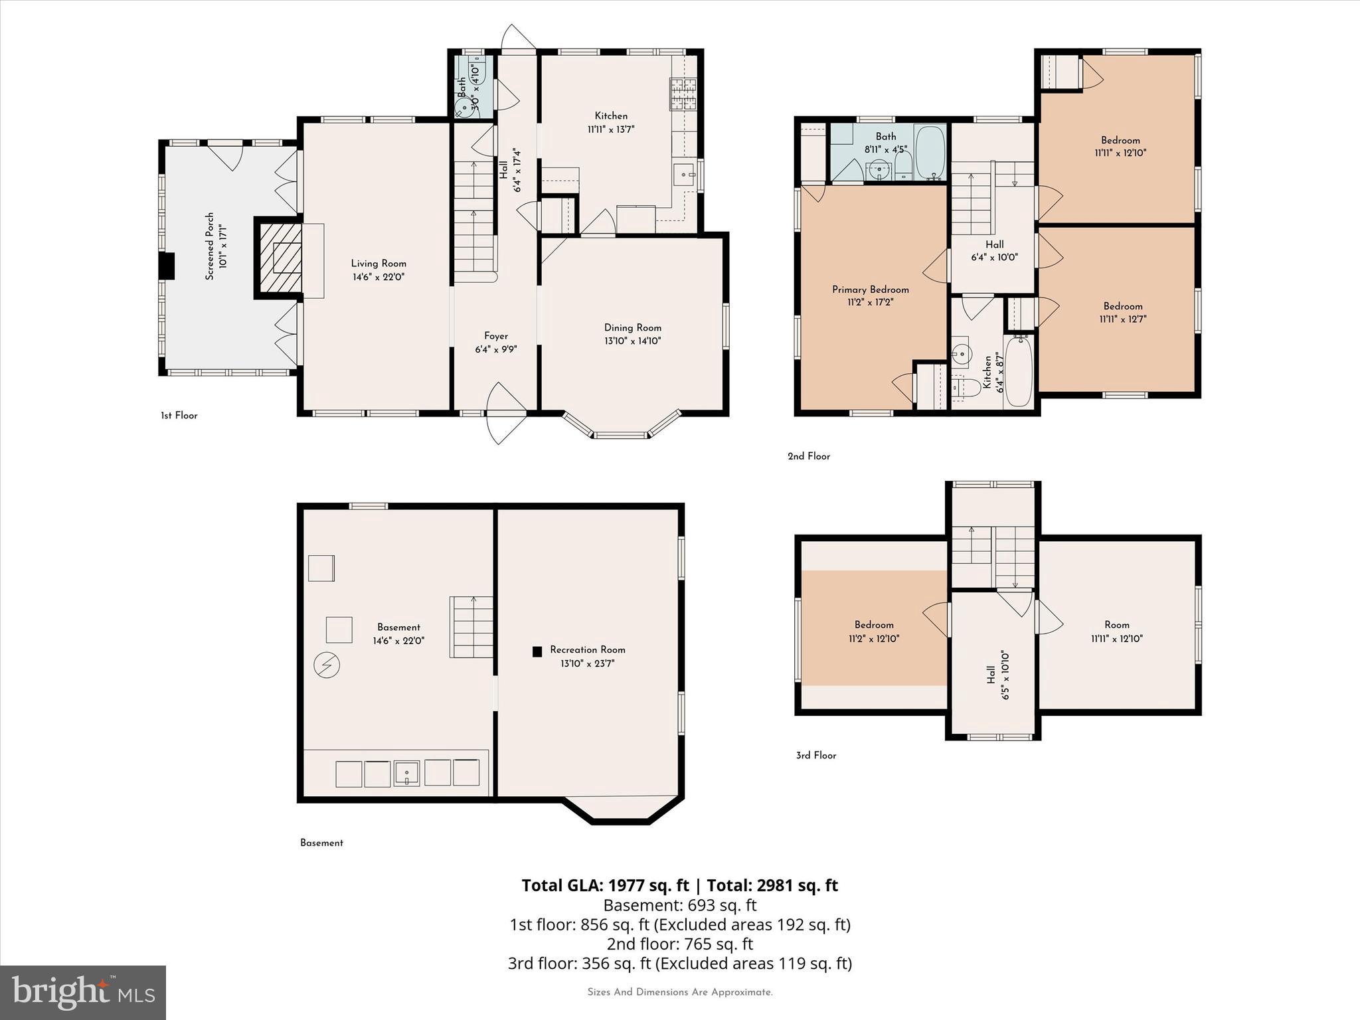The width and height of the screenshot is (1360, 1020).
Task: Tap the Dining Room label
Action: tap(632, 328)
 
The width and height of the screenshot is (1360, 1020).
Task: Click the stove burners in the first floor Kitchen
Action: tap(683, 94)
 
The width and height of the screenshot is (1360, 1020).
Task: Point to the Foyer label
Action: tap(495, 337)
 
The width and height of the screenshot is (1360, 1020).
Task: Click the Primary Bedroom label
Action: tap(870, 290)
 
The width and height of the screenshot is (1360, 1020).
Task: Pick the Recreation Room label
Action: tap(587, 650)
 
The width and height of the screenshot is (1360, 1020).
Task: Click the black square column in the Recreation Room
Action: tap(537, 652)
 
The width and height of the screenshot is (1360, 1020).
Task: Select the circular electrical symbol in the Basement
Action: tap(326, 665)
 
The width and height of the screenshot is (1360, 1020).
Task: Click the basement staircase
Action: tap(471, 627)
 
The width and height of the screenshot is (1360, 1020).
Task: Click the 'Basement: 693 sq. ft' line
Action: tap(679, 905)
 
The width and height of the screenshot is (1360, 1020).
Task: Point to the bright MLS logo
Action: tap(83, 992)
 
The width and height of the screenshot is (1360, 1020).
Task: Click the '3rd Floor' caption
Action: tap(815, 755)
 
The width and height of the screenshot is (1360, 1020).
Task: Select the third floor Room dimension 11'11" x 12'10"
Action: tap(1116, 639)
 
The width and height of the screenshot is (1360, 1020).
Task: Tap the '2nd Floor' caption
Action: tap(808, 456)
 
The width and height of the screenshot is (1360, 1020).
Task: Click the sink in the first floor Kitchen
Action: tap(684, 176)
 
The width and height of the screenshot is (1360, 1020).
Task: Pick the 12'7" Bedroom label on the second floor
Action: tap(1123, 306)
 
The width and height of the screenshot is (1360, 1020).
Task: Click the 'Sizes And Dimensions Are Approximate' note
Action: tap(679, 992)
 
